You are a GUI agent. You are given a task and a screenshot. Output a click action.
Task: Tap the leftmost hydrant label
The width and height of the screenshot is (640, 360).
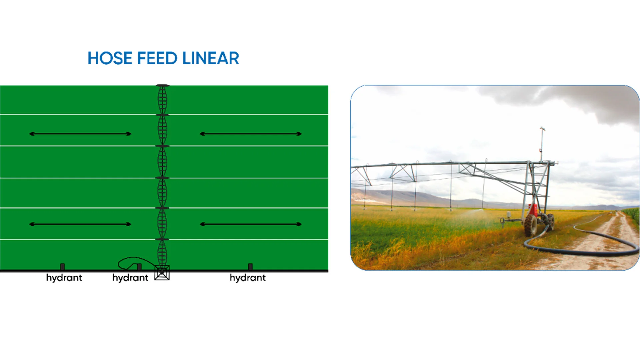[64, 278]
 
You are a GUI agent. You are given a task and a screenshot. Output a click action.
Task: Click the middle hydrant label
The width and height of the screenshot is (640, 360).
[130, 278]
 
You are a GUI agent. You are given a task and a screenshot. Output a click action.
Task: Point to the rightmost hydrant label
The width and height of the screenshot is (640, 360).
[248, 278]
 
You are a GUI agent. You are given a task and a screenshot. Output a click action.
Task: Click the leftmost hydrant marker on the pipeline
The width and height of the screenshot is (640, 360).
[62, 267]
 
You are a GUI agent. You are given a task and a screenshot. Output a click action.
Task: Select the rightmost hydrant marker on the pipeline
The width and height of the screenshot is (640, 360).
[250, 267]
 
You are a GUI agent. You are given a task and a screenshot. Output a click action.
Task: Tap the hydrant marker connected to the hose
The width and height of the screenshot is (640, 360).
[139, 267]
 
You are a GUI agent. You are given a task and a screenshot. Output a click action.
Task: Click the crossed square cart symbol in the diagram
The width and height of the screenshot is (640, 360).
[162, 273]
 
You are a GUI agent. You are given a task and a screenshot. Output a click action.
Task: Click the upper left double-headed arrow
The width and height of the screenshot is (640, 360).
[80, 134]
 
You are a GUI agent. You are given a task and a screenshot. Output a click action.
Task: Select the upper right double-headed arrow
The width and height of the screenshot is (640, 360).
[251, 134]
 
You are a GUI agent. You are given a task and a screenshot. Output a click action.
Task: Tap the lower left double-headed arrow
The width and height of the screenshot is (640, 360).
[80, 224]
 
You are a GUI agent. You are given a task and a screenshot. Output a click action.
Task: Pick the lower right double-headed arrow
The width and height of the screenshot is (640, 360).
[251, 224]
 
